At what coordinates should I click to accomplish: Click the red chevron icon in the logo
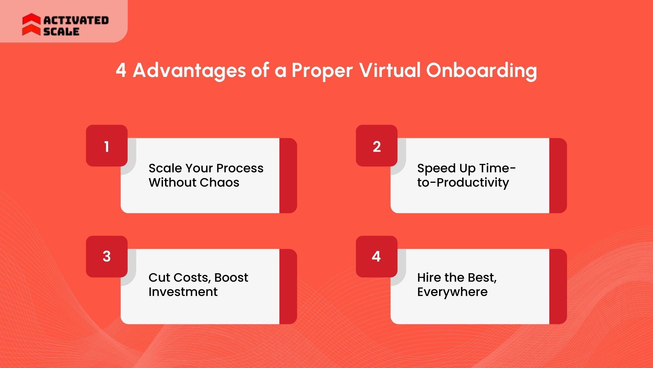pyautogui.click(x=31, y=24)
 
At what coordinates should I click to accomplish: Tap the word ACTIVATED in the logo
pyautogui.click(x=76, y=20)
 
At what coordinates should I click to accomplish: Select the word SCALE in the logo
pyautogui.click(x=61, y=31)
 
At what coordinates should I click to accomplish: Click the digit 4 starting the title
pyautogui.click(x=121, y=70)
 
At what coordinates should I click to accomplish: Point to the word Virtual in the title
pyautogui.click(x=390, y=70)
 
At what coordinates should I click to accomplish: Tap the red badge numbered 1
pyautogui.click(x=107, y=146)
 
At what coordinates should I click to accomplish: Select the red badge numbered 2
pyautogui.click(x=377, y=146)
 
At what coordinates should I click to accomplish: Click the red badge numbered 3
pyautogui.click(x=107, y=257)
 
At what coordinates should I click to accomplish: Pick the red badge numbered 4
pyautogui.click(x=377, y=257)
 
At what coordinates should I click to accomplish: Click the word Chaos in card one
pyautogui.click(x=220, y=183)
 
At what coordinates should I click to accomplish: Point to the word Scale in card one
pyautogui.click(x=165, y=168)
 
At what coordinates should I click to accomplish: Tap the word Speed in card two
pyautogui.click(x=436, y=169)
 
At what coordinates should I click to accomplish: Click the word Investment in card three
pyautogui.click(x=183, y=292)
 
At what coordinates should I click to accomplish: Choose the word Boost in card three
pyautogui.click(x=231, y=278)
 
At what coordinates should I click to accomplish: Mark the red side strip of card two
pyautogui.click(x=558, y=176)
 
